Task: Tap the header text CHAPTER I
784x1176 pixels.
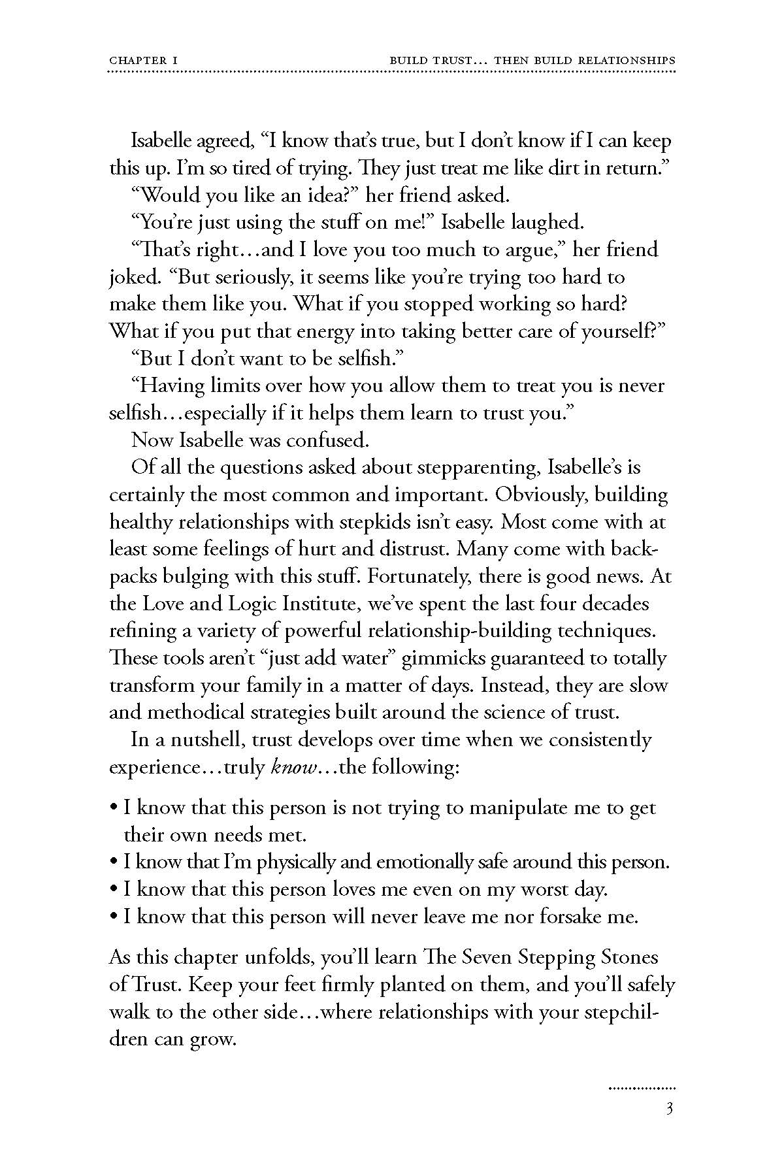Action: (x=144, y=60)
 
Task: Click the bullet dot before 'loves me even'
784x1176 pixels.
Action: (x=114, y=890)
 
